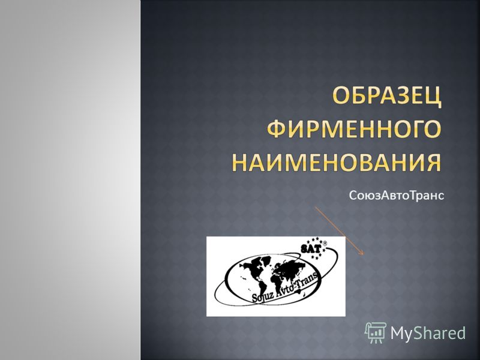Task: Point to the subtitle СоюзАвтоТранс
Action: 397,196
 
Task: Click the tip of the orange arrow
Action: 364,254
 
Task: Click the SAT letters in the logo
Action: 311,248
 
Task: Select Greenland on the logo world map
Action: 266,260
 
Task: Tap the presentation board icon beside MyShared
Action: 376,333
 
